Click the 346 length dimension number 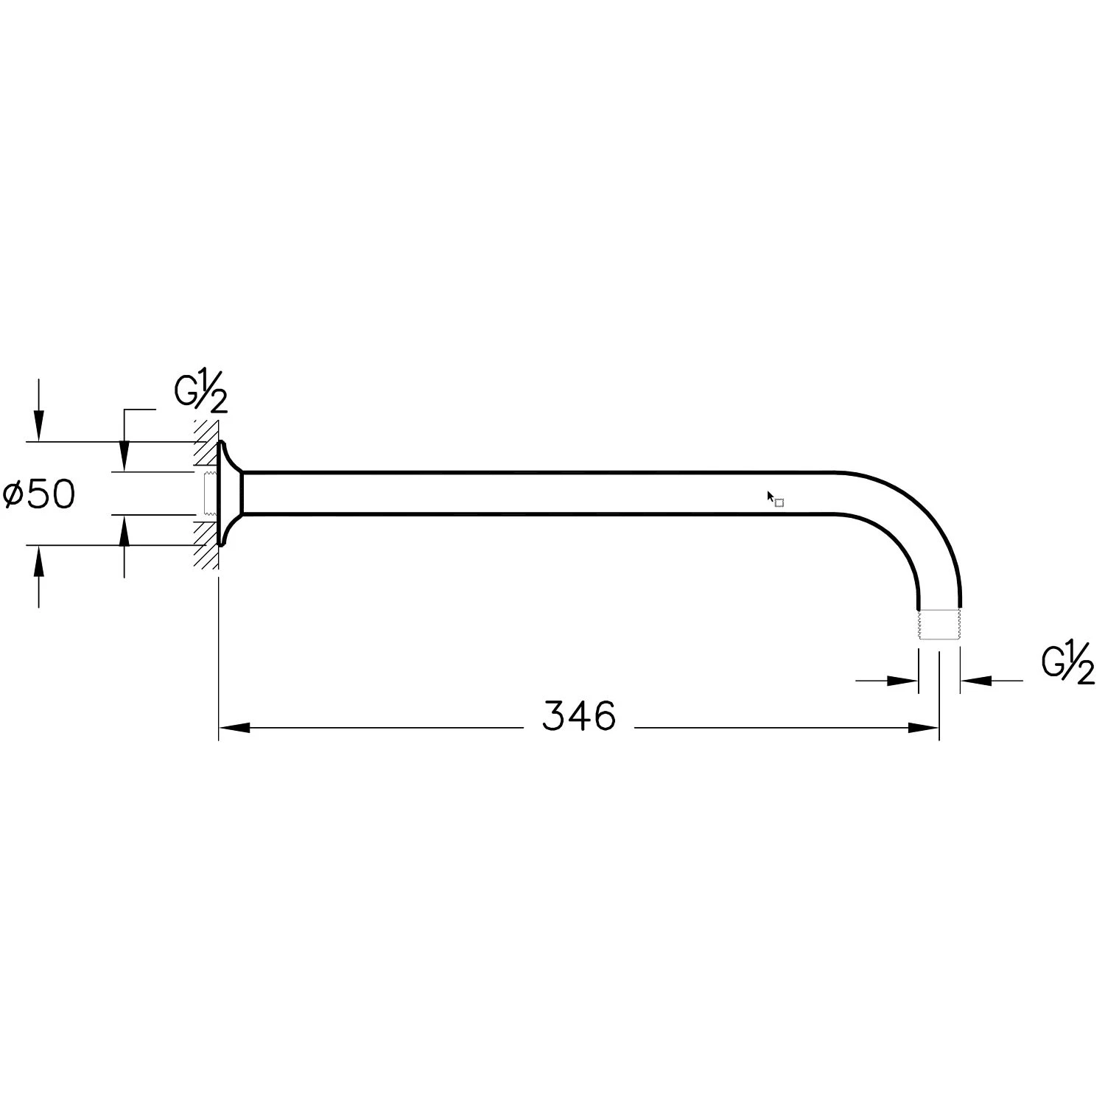578,716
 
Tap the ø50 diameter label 39,494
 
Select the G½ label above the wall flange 200,396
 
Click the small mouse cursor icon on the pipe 775,499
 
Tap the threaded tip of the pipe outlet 939,623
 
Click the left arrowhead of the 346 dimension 235,728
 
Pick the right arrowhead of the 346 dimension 924,728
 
